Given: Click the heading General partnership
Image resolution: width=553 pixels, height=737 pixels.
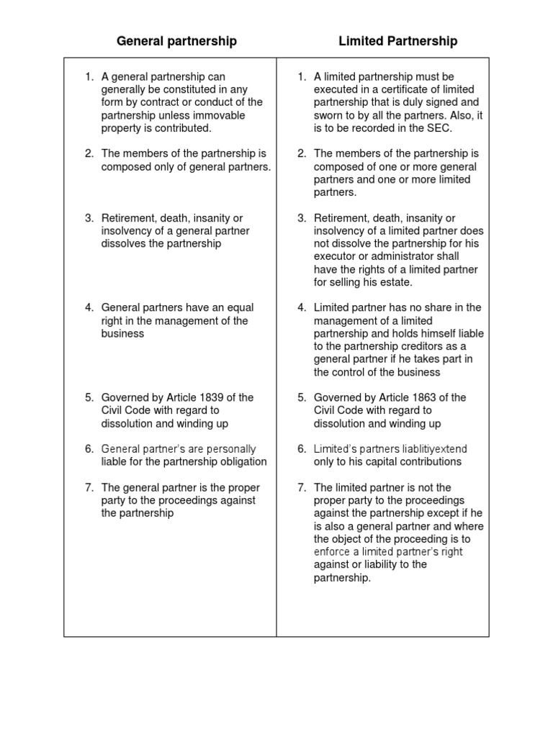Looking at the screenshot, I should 176,41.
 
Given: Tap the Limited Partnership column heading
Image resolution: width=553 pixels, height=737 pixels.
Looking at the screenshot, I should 397,41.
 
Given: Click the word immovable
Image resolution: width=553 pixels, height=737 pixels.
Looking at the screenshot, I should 220,115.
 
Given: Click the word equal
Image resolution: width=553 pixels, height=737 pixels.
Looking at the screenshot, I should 240,308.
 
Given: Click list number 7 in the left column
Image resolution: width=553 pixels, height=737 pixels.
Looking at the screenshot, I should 89,487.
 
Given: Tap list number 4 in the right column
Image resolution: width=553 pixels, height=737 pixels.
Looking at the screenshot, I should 302,308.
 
